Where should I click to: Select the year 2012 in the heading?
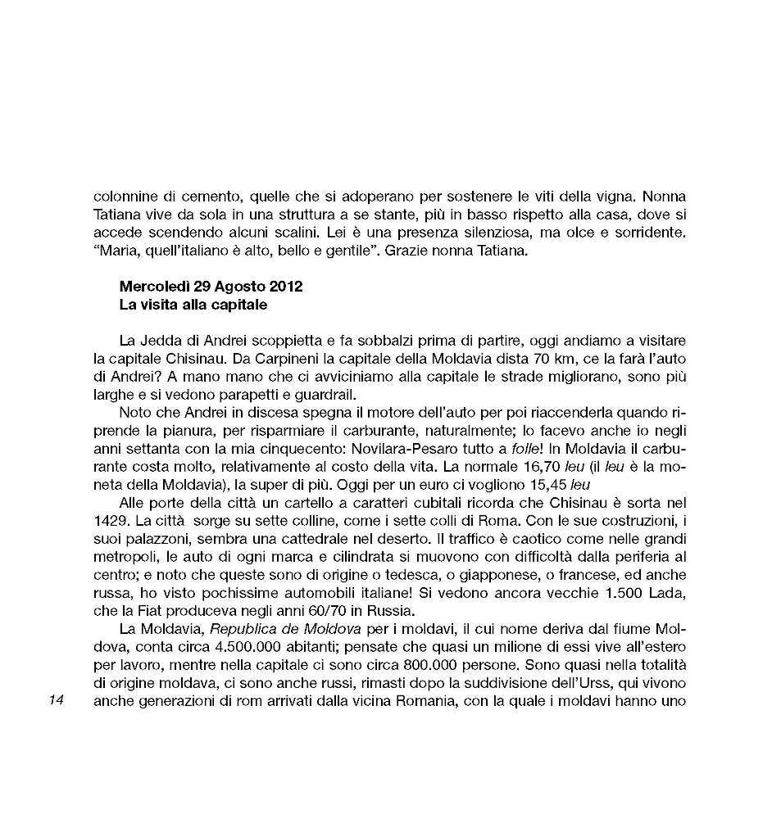286,287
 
